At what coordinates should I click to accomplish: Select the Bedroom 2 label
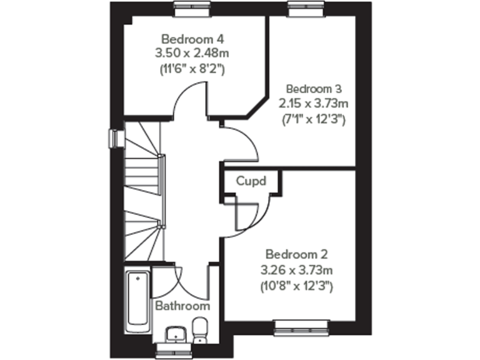[x=296, y=255]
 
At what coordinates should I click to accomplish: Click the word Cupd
[x=251, y=182]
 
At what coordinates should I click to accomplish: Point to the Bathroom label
[x=182, y=306]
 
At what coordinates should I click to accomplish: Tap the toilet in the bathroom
[x=200, y=330]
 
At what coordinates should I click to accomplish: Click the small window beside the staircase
[x=114, y=138]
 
